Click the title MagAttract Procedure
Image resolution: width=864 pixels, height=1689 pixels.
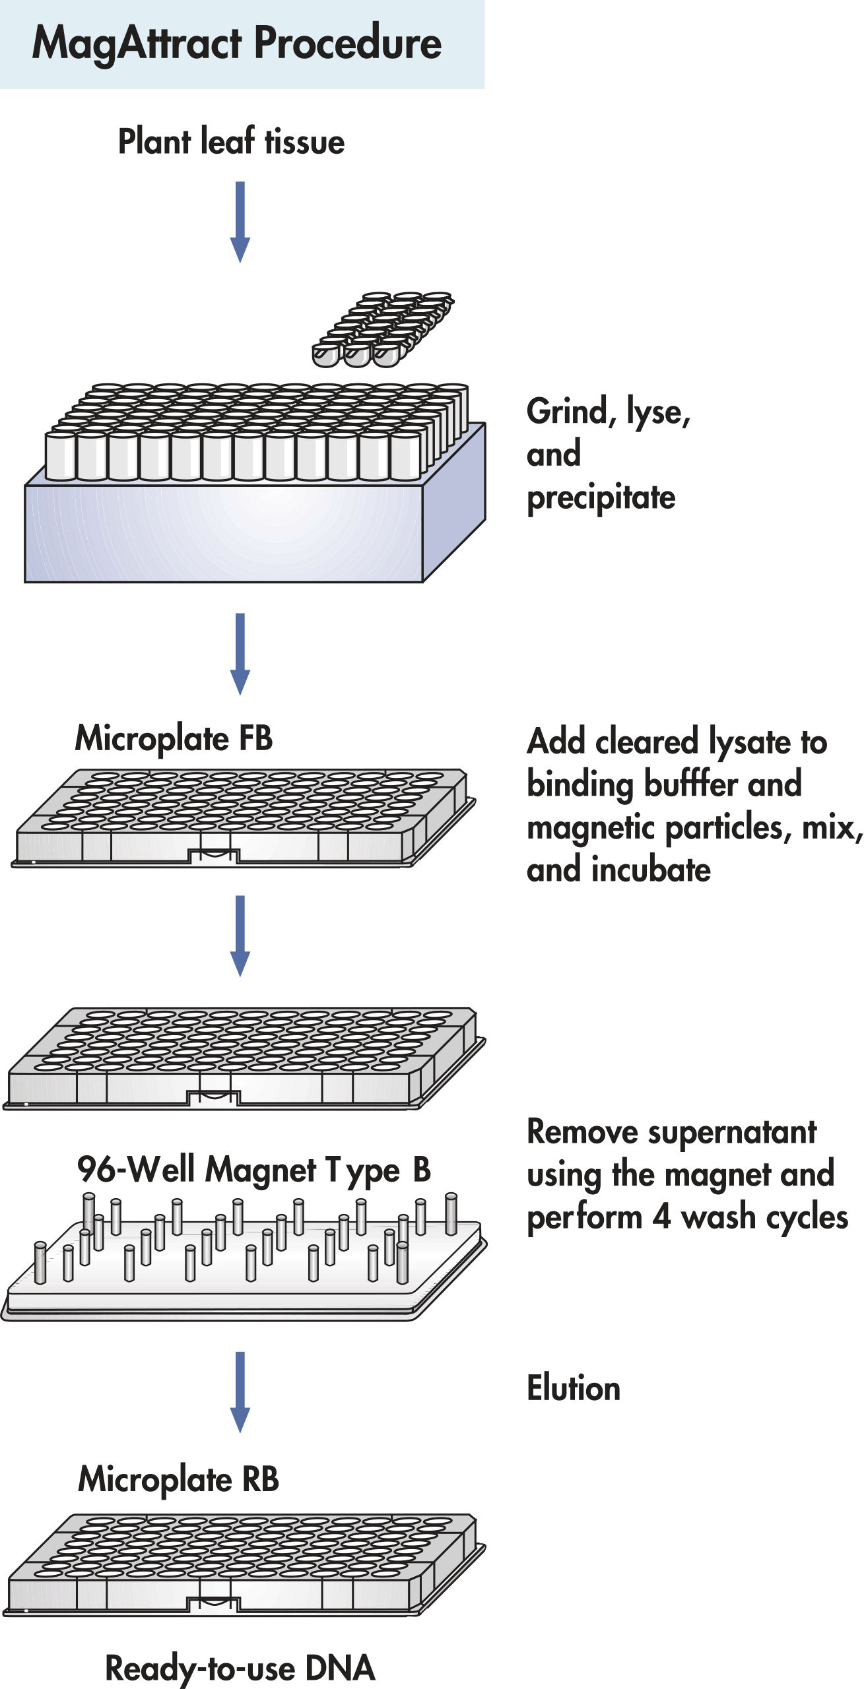click(x=236, y=44)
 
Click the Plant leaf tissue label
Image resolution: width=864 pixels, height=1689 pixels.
click(x=231, y=142)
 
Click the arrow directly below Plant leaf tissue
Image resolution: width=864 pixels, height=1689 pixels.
click(x=240, y=221)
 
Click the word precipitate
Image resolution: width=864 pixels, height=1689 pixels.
click(x=601, y=498)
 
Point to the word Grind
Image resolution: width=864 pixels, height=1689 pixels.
click(x=566, y=412)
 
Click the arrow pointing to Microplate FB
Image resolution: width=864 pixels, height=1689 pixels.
click(x=240, y=653)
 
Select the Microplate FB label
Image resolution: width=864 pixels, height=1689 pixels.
click(x=174, y=738)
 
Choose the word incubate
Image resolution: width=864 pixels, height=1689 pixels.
click(x=651, y=870)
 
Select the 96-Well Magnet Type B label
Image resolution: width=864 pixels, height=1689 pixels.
click(x=253, y=1170)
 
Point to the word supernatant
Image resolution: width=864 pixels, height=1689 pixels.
click(x=732, y=1133)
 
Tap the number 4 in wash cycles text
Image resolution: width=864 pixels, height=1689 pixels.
click(x=661, y=1218)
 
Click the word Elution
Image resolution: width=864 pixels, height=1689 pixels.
click(x=574, y=1387)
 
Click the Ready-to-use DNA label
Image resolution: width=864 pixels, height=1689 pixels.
click(x=240, y=1668)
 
